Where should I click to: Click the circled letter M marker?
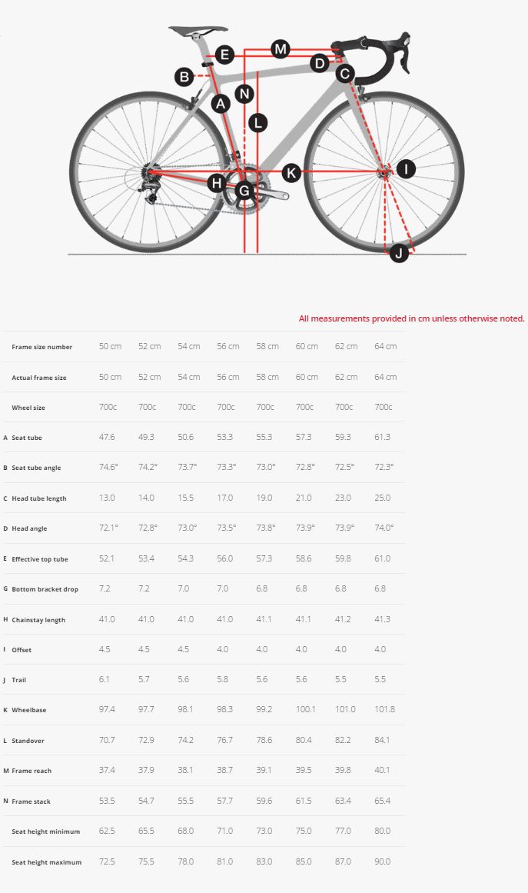[281, 49]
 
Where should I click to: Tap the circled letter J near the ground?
[398, 252]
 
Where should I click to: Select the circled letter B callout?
[184, 76]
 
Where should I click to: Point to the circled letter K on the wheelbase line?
[291, 173]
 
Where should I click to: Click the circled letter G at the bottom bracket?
[244, 190]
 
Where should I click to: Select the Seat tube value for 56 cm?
[225, 438]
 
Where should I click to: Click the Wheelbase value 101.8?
[384, 709]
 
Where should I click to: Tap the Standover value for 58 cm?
[264, 740]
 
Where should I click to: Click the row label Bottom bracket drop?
[45, 589]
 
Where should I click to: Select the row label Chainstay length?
[39, 620]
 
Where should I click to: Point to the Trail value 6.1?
[105, 679]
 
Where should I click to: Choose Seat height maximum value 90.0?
[382, 861]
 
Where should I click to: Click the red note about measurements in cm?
[411, 318]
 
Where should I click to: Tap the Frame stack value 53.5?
[107, 801]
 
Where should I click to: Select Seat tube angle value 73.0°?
[265, 468]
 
